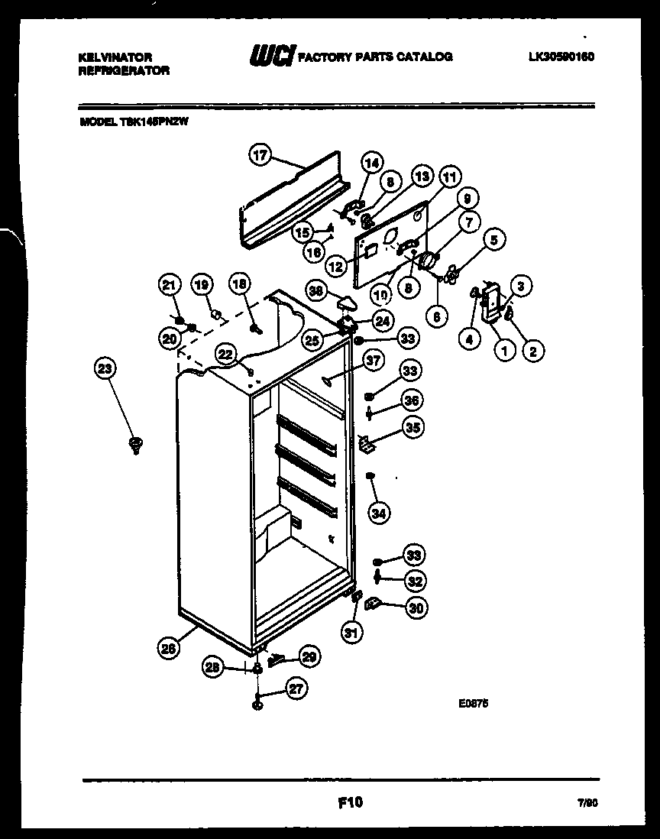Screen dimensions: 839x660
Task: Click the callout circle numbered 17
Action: [260, 155]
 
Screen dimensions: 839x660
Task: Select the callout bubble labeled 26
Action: [169, 648]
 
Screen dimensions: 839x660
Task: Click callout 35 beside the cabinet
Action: [413, 427]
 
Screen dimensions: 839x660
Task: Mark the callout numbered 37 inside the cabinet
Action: [372, 361]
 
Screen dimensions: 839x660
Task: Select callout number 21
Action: [169, 285]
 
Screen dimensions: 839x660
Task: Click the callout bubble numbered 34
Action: [378, 513]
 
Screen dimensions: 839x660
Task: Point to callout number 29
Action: [309, 656]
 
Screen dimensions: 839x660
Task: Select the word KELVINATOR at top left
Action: [115, 57]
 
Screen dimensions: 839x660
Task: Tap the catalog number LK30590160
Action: [560, 57]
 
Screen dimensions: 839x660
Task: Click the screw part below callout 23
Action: [137, 444]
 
